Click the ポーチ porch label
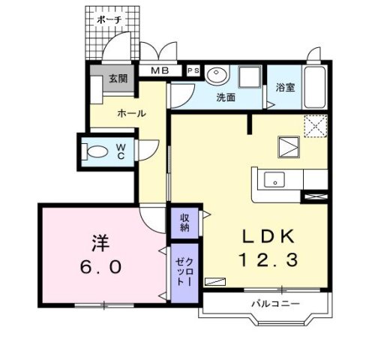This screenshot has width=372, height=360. [x=109, y=19]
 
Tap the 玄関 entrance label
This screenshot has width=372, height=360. [x=118, y=79]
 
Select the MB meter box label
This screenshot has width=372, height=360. [x=160, y=70]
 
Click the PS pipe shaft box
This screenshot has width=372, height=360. [x=193, y=70]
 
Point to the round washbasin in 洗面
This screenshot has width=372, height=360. [x=217, y=73]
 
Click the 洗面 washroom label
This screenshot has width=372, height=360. [x=226, y=97]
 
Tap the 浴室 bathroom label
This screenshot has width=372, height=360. [x=285, y=88]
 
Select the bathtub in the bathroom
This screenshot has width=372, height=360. [x=314, y=87]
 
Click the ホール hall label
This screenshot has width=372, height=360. [x=131, y=114]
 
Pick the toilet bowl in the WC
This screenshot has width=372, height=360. [x=95, y=151]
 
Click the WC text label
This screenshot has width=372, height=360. [x=121, y=151]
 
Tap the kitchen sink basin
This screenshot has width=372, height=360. [x=274, y=180]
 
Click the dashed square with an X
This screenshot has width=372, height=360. [x=316, y=126]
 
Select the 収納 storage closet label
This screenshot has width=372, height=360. [x=185, y=223]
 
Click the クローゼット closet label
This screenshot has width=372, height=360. [x=184, y=271]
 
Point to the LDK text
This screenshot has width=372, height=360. [x=268, y=236]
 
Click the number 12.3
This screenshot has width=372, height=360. [x=268, y=259]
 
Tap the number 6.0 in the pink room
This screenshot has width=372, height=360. [x=101, y=267]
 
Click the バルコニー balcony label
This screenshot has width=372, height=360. [x=275, y=304]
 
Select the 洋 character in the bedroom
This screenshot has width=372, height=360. [x=100, y=244]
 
